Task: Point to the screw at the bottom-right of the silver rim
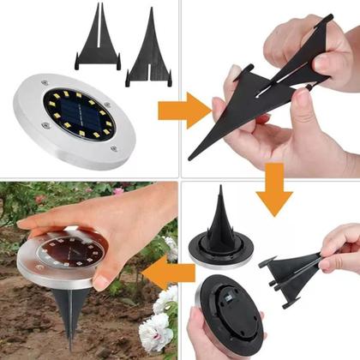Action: click(x=115, y=150)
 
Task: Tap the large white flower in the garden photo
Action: click(x=155, y=330)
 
